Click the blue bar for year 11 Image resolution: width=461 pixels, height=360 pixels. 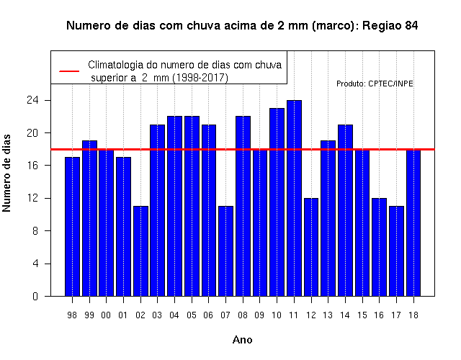[294, 198]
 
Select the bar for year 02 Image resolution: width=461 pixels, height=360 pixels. [140, 251]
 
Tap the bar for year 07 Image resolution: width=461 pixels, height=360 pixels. [225, 251]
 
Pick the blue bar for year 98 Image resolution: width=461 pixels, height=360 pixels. [72, 227]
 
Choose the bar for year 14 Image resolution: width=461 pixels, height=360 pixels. [345, 210]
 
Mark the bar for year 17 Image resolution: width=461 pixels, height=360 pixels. [396, 251]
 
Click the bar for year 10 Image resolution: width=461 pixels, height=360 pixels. [277, 202]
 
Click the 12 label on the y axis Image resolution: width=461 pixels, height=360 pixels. [32, 198]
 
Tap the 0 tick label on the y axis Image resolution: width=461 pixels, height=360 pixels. [35, 296]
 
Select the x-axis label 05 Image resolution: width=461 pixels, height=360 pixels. [192, 315]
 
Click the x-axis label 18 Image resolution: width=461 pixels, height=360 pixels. [413, 315]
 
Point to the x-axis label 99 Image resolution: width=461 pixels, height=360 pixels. [89, 315]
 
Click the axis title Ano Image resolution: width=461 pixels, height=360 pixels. [242, 340]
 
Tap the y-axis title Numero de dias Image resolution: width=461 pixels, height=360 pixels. [6, 173]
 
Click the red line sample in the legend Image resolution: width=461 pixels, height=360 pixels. [69, 71]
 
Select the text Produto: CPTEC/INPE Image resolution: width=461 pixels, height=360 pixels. [375, 84]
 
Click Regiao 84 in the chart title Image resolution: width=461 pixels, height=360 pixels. [390, 26]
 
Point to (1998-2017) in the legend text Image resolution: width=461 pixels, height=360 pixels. [200, 78]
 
